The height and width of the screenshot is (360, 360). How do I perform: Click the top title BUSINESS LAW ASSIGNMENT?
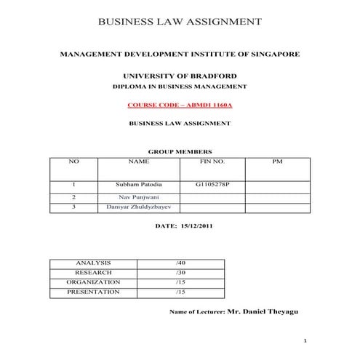[x=180, y=22]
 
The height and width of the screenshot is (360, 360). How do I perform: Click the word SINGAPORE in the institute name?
[x=270, y=55]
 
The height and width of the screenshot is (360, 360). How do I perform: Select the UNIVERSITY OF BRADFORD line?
[x=180, y=76]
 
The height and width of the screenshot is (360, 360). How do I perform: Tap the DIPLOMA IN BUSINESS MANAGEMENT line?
[x=180, y=87]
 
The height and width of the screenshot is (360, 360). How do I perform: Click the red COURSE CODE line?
[x=180, y=105]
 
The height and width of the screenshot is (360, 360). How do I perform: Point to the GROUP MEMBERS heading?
[x=180, y=152]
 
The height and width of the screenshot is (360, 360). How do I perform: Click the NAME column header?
[x=138, y=161]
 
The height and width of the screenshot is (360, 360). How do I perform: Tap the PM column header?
[x=276, y=161]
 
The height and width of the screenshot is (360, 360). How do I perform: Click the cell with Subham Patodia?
[x=138, y=185]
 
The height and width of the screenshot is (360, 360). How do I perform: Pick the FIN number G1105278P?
[x=212, y=185]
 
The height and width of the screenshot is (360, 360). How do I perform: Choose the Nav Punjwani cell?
[x=138, y=196]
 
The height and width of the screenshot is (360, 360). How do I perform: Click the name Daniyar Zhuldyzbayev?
[x=138, y=207]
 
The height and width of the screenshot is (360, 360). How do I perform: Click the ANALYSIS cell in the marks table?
[x=92, y=262]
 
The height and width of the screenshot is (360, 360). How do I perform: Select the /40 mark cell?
[x=181, y=262]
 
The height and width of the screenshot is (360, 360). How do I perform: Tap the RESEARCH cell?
[x=92, y=272]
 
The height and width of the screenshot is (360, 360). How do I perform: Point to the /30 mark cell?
[x=181, y=272]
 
